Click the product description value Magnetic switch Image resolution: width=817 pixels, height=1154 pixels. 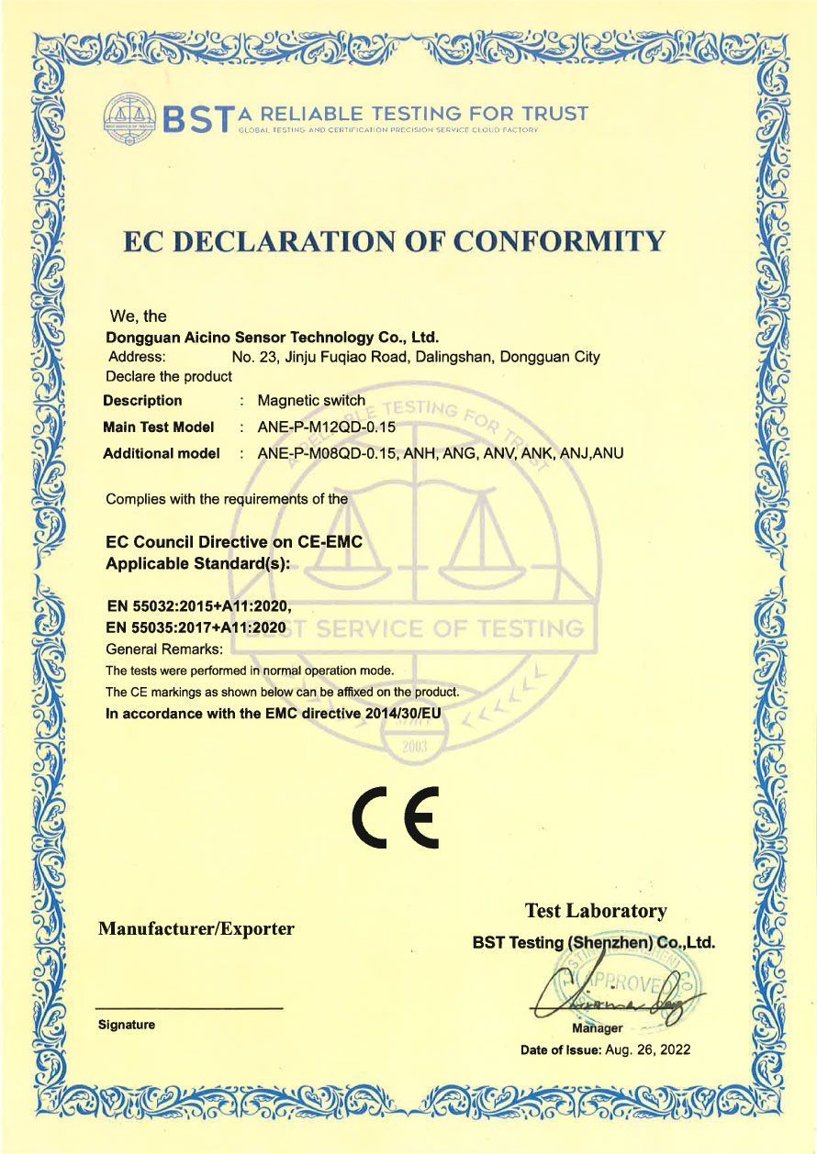pyautogui.click(x=311, y=401)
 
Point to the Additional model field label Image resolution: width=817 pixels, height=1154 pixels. pyautogui.click(x=162, y=453)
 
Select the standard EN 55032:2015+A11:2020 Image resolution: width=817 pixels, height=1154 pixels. pyautogui.click(x=199, y=605)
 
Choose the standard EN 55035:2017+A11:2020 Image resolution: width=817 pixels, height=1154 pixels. pyautogui.click(x=197, y=628)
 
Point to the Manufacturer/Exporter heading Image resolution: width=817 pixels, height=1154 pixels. pyautogui.click(x=196, y=929)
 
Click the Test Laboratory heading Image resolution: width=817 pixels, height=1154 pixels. pyautogui.click(x=596, y=911)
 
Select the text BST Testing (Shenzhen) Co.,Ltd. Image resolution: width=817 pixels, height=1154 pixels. pyautogui.click(x=593, y=942)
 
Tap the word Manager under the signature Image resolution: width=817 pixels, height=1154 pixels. pyautogui.click(x=597, y=1028)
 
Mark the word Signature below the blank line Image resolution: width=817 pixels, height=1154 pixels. pyautogui.click(x=127, y=1025)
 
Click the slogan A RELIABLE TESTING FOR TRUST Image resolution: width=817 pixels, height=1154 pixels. pyautogui.click(x=413, y=114)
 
